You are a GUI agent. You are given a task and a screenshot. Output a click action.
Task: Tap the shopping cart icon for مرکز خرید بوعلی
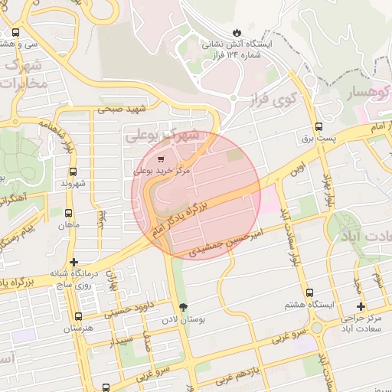point(159,159)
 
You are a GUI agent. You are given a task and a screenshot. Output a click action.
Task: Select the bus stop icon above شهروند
point(73,171)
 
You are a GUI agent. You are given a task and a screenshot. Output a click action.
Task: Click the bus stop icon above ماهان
point(69,214)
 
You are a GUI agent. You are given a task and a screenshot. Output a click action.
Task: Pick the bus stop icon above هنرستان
point(77,316)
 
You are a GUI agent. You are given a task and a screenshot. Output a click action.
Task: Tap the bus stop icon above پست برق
point(318,127)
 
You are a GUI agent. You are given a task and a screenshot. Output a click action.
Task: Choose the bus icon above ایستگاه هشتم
point(309,292)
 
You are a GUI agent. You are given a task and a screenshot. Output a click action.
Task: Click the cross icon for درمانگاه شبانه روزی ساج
point(73,263)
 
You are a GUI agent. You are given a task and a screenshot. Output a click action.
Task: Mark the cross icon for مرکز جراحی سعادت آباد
point(361,306)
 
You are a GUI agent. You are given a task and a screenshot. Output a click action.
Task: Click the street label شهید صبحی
point(121,109)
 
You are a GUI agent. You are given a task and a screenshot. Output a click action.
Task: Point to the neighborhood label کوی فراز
point(273,100)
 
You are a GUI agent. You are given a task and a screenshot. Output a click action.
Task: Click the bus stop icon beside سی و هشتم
point(16,33)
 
